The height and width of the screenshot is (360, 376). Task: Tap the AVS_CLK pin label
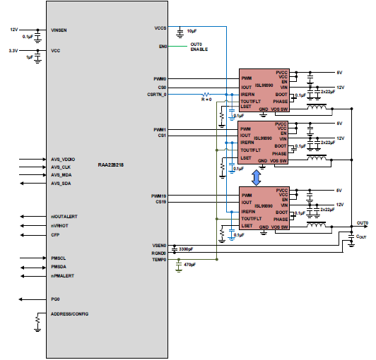click(62, 167)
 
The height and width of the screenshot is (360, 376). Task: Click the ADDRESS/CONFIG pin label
click(70, 313)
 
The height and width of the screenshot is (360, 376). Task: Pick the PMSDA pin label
click(59, 268)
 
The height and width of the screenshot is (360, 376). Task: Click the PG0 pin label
click(55, 299)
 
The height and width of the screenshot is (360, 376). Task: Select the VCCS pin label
click(160, 28)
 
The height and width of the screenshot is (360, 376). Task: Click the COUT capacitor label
click(363, 239)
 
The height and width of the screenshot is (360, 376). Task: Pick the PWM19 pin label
click(158, 196)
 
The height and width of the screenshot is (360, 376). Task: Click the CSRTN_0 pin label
click(157, 94)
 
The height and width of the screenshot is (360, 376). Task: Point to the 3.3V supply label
click(13, 51)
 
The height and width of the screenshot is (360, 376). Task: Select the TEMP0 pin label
click(159, 259)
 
